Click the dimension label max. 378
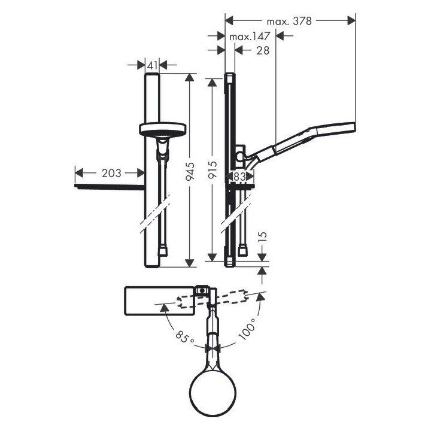[x=290, y=21]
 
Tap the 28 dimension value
[x=261, y=51]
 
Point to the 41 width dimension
[x=152, y=65]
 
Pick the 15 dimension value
[x=262, y=237]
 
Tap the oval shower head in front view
[x=162, y=129]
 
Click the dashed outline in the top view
[x=227, y=298]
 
